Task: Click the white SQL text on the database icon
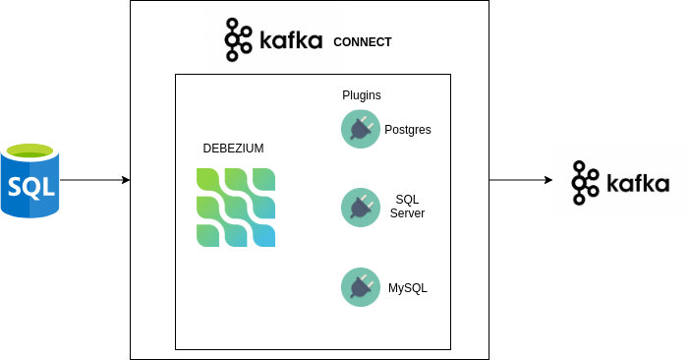pyautogui.click(x=29, y=185)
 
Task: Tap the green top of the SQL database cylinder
pyautogui.click(x=29, y=151)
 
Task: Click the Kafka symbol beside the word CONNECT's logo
pyautogui.click(x=237, y=40)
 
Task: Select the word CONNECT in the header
pyautogui.click(x=362, y=42)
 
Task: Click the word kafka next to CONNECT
pyautogui.click(x=291, y=41)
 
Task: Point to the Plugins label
pyautogui.click(x=361, y=95)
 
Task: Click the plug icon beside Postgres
pyautogui.click(x=360, y=129)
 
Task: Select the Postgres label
pyautogui.click(x=407, y=130)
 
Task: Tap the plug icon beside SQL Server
pyautogui.click(x=360, y=208)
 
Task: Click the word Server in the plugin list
pyautogui.click(x=407, y=213)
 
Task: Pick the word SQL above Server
pyautogui.click(x=407, y=200)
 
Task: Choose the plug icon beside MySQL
pyautogui.click(x=360, y=287)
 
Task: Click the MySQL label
pyautogui.click(x=408, y=288)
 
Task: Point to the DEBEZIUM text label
pyautogui.click(x=233, y=149)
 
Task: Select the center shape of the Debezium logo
pyautogui.click(x=235, y=208)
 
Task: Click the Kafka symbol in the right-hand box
pyautogui.click(x=586, y=182)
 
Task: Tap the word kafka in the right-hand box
pyautogui.click(x=637, y=183)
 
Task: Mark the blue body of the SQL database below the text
pyautogui.click(x=29, y=208)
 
